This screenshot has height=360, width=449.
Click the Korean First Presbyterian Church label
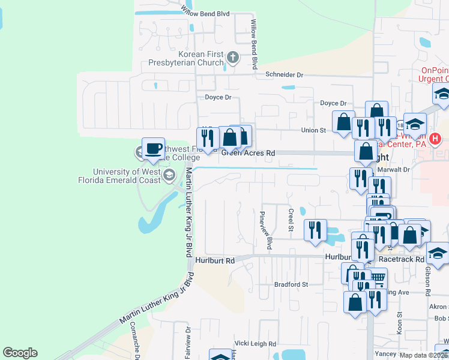point(187,58)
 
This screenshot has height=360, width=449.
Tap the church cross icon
point(233,58)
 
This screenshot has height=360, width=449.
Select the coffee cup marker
point(153,148)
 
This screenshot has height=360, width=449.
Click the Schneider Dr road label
point(285,75)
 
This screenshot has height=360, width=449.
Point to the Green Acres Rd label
point(248,154)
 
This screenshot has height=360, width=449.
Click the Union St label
point(313,130)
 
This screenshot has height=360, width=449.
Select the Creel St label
point(291,221)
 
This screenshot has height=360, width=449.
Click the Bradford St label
point(291,284)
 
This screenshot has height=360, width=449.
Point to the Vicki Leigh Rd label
point(255,344)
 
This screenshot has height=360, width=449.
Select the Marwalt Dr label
point(397,170)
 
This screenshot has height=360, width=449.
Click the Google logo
point(20,353)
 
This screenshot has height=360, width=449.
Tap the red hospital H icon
point(435,139)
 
